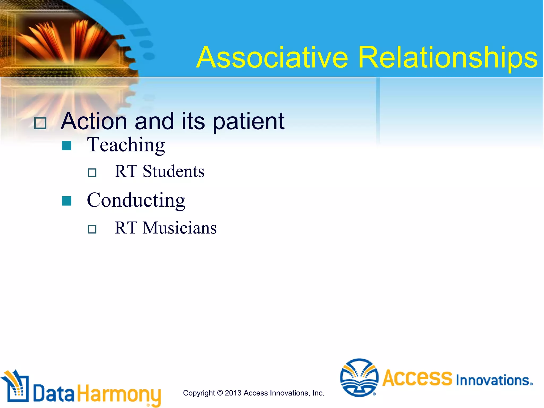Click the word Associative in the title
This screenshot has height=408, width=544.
click(272, 57)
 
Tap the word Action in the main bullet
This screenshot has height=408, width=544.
click(94, 121)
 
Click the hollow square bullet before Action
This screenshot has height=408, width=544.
click(40, 123)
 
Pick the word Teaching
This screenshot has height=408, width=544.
click(126, 145)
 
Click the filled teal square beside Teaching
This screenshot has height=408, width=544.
click(66, 146)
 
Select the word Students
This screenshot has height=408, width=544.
click(173, 171)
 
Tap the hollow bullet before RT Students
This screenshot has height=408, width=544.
click(92, 173)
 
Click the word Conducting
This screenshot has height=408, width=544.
click(136, 200)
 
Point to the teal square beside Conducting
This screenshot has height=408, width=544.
click(66, 201)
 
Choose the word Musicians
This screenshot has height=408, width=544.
click(179, 228)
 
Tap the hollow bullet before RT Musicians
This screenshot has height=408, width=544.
click(92, 229)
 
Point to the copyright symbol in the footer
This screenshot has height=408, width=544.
click(220, 393)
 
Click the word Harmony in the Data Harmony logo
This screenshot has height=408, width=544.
click(119, 394)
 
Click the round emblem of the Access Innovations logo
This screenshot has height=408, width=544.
click(359, 377)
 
